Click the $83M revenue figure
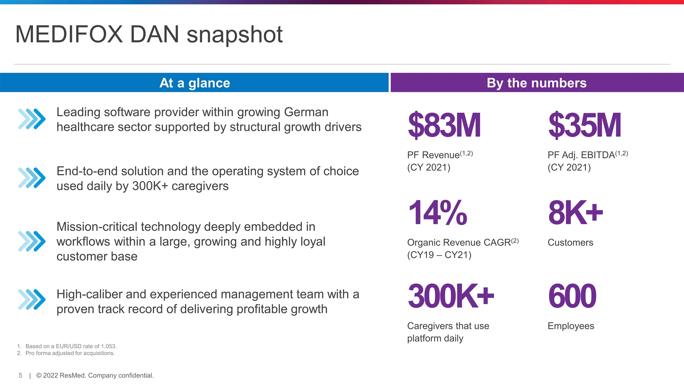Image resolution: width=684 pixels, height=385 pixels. click(444, 125)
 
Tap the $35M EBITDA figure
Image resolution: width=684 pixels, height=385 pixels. click(585, 125)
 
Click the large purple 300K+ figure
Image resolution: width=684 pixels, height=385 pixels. click(451, 296)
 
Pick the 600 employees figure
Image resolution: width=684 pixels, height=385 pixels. click(572, 296)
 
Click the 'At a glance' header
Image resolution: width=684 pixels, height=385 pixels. click(195, 83)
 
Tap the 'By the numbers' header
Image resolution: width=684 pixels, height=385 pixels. click(537, 83)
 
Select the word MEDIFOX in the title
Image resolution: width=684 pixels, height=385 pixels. click(69, 35)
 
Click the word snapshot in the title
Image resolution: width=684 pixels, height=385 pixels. click(234, 35)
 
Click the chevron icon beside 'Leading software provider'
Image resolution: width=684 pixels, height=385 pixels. click(32, 119)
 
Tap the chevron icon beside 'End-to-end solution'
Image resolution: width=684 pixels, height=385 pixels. click(32, 178)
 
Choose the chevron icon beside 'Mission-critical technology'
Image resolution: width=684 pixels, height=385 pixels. click(32, 241)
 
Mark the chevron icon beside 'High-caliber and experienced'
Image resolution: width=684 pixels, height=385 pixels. click(32, 299)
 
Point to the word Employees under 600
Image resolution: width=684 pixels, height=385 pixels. click(571, 326)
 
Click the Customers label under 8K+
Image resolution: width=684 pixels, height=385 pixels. click(570, 242)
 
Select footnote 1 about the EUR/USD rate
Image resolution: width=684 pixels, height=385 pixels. click(71, 346)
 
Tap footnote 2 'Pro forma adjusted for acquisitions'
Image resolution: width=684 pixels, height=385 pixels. click(70, 353)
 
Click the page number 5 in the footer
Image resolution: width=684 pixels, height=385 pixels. click(20, 375)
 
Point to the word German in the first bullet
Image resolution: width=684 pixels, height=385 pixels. click(306, 112)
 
